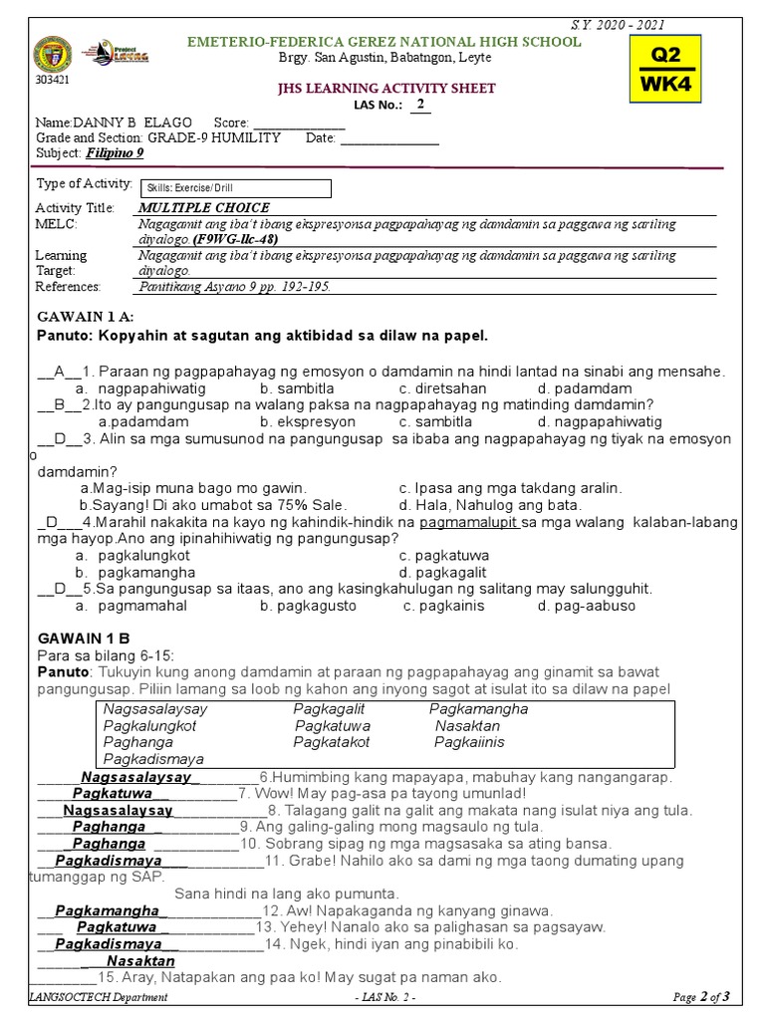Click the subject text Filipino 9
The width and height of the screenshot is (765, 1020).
click(115, 152)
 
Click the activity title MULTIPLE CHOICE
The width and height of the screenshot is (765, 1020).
click(203, 208)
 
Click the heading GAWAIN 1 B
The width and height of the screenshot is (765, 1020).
click(84, 638)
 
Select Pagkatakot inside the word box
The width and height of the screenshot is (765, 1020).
click(332, 742)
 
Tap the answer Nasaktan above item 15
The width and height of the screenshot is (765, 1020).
click(140, 961)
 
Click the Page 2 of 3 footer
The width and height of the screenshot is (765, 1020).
click(701, 997)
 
